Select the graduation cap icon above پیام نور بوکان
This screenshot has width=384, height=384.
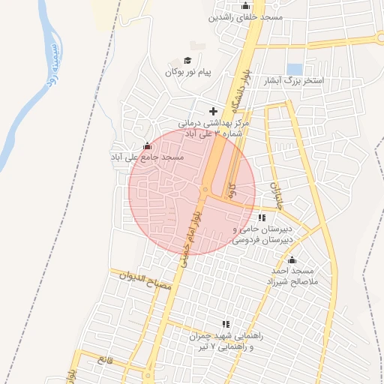coord(187,61)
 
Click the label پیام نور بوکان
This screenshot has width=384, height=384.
coord(189,72)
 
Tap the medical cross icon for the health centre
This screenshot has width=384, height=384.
coord(213,111)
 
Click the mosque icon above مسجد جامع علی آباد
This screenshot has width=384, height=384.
coord(147,146)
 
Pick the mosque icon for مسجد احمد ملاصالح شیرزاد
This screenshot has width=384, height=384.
coord(291,259)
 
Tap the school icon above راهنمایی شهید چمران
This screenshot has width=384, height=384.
coord(226,323)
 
